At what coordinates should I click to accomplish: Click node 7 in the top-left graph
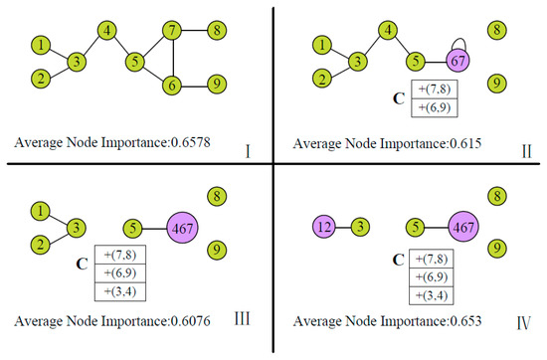(173, 31)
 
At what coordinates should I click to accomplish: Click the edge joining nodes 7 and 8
(194, 31)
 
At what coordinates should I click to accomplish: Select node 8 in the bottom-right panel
(496, 197)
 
